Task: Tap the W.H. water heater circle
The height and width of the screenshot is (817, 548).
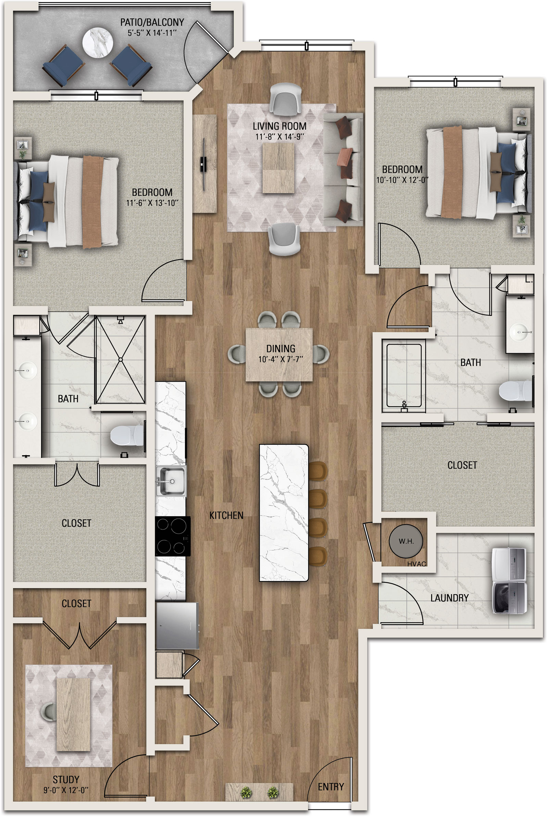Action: (x=406, y=541)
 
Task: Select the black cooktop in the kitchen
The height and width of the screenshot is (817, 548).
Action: (x=173, y=536)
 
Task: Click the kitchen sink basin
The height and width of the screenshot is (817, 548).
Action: (x=171, y=481)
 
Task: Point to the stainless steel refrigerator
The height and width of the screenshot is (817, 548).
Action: (x=177, y=625)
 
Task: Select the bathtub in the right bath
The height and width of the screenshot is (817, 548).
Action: (x=404, y=375)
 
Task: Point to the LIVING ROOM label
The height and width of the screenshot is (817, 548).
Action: (x=279, y=126)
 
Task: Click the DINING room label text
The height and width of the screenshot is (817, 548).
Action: (x=281, y=349)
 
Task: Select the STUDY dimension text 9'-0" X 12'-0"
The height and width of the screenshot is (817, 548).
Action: (x=66, y=790)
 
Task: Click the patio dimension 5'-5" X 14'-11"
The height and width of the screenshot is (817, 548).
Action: (x=152, y=33)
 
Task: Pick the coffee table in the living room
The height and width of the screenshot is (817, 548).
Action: (x=278, y=168)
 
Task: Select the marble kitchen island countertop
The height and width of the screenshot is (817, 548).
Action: (x=284, y=513)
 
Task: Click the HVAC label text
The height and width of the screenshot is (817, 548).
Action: (x=416, y=564)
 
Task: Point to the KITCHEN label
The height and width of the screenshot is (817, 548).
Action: (x=226, y=515)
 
